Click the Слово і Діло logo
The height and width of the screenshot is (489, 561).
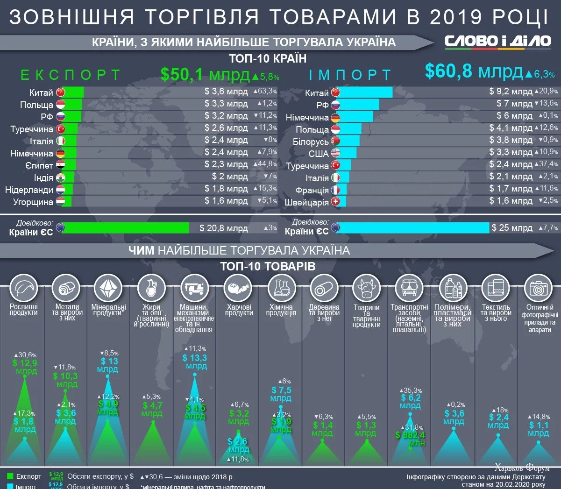(497, 41)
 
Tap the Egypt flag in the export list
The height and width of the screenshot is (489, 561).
(60, 165)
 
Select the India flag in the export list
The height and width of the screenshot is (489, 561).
(60, 177)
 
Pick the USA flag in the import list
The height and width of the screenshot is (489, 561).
(335, 153)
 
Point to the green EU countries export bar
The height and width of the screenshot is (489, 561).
(125, 228)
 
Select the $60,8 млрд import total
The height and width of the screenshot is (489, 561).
(474, 71)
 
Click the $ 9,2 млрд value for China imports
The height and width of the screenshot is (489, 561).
(511, 92)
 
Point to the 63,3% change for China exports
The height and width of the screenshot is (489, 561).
(265, 92)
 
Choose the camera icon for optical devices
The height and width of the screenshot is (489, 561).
(538, 288)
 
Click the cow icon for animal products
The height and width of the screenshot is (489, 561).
(367, 288)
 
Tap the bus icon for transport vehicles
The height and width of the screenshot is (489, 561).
(409, 288)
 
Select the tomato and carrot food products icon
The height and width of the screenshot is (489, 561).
(238, 288)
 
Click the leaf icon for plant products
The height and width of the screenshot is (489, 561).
(23, 288)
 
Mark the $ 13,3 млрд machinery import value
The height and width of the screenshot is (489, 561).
(195, 362)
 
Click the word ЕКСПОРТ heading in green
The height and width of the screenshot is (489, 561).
(71, 75)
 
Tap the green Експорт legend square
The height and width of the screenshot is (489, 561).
(10, 476)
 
